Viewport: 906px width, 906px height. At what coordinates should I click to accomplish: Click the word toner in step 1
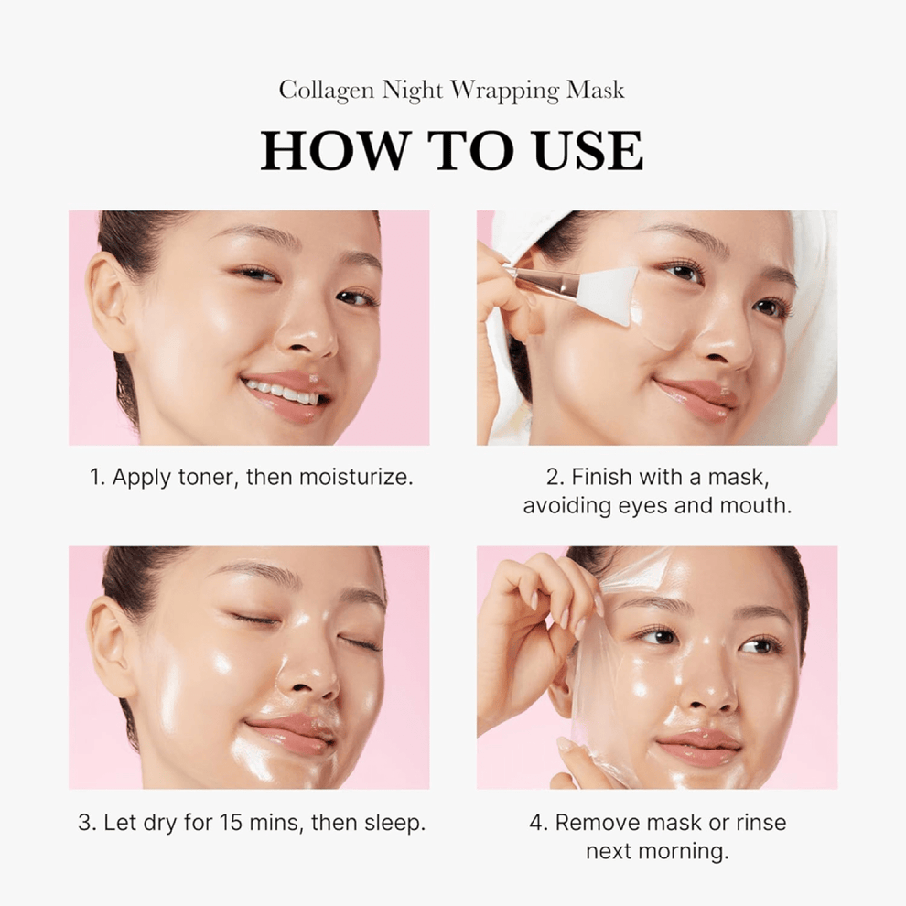tap(208, 478)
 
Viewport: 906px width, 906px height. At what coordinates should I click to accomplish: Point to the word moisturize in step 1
tap(361, 478)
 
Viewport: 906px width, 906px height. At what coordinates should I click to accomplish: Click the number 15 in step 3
tap(232, 823)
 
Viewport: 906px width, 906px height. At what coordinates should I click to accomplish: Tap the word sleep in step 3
tap(397, 823)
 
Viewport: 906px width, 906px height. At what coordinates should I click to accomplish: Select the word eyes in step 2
tap(638, 505)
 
